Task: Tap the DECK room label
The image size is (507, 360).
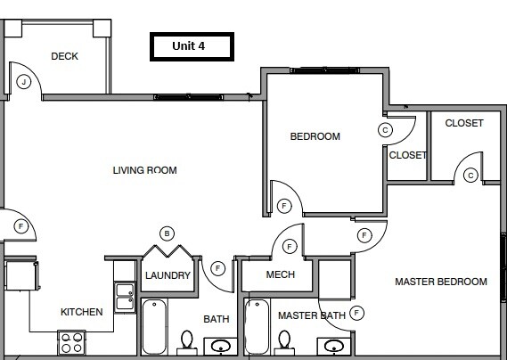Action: (x=64, y=56)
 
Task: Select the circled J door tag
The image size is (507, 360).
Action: (x=24, y=82)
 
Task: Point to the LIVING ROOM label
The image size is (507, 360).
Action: (x=144, y=170)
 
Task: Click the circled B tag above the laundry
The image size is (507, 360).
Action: (x=167, y=233)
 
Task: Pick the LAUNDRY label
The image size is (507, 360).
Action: (x=168, y=275)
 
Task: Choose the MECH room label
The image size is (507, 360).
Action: (x=281, y=274)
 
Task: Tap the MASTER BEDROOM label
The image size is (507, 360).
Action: (x=441, y=282)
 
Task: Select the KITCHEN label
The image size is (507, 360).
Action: (x=81, y=312)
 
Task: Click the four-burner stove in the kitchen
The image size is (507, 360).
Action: (x=70, y=341)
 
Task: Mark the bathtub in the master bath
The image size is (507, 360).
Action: (x=258, y=328)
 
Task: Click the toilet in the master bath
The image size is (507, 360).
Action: (x=285, y=342)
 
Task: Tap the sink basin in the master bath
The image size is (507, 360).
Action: (x=334, y=346)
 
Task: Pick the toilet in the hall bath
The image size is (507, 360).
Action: (x=186, y=342)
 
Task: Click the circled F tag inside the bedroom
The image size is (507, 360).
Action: (x=284, y=206)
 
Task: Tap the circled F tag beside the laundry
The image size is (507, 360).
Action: (x=217, y=266)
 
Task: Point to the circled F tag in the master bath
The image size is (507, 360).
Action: (x=357, y=313)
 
